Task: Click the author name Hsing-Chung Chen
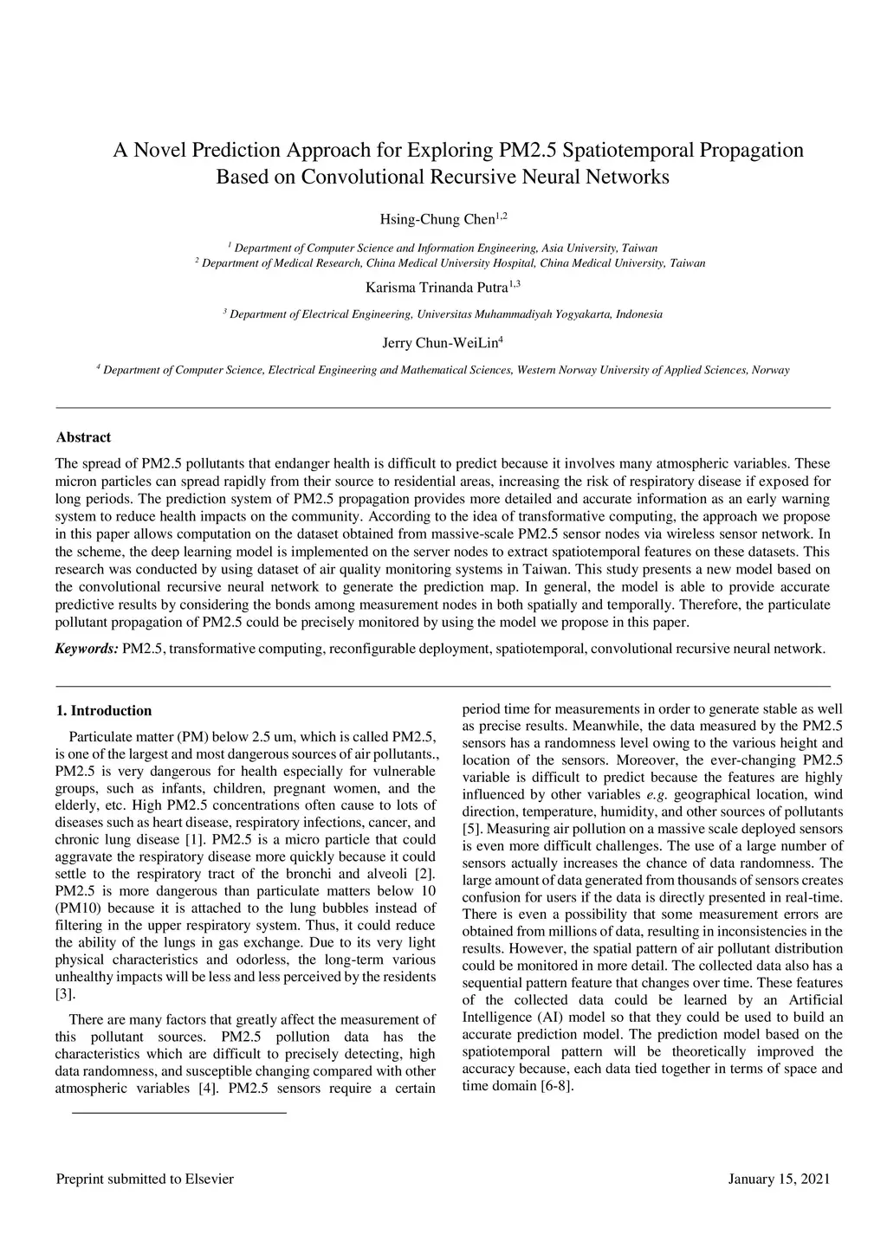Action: (x=437, y=219)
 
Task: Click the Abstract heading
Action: (x=83, y=437)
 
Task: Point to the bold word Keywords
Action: (x=87, y=649)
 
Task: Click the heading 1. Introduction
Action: (x=103, y=711)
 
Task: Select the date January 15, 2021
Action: (x=779, y=1179)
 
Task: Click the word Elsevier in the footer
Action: (x=209, y=1179)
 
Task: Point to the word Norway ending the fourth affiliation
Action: (x=771, y=371)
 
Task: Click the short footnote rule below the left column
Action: (x=178, y=1112)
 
